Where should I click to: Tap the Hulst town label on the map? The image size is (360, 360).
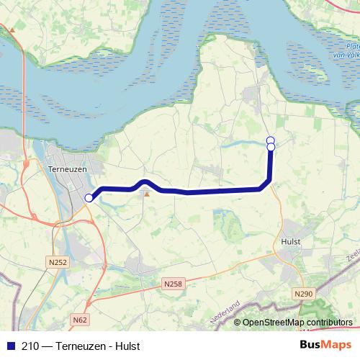coord(292,242)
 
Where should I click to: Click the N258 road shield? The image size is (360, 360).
coord(173,284)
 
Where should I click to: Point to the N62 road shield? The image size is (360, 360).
coord(80,318)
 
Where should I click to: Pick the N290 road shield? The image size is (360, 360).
coord(304,294)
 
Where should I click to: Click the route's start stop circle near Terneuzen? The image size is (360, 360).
coord(89,198)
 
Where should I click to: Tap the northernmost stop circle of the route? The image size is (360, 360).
coord(271,140)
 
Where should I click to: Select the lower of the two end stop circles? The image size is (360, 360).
coord(271,147)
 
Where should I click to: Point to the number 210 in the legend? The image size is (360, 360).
coord(31,345)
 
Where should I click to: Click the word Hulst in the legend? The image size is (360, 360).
coord(125,345)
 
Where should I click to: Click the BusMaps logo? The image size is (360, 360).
coord(325,344)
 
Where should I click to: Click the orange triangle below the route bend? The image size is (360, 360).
coord(147,194)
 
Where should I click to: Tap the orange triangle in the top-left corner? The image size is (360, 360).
coord(12,30)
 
